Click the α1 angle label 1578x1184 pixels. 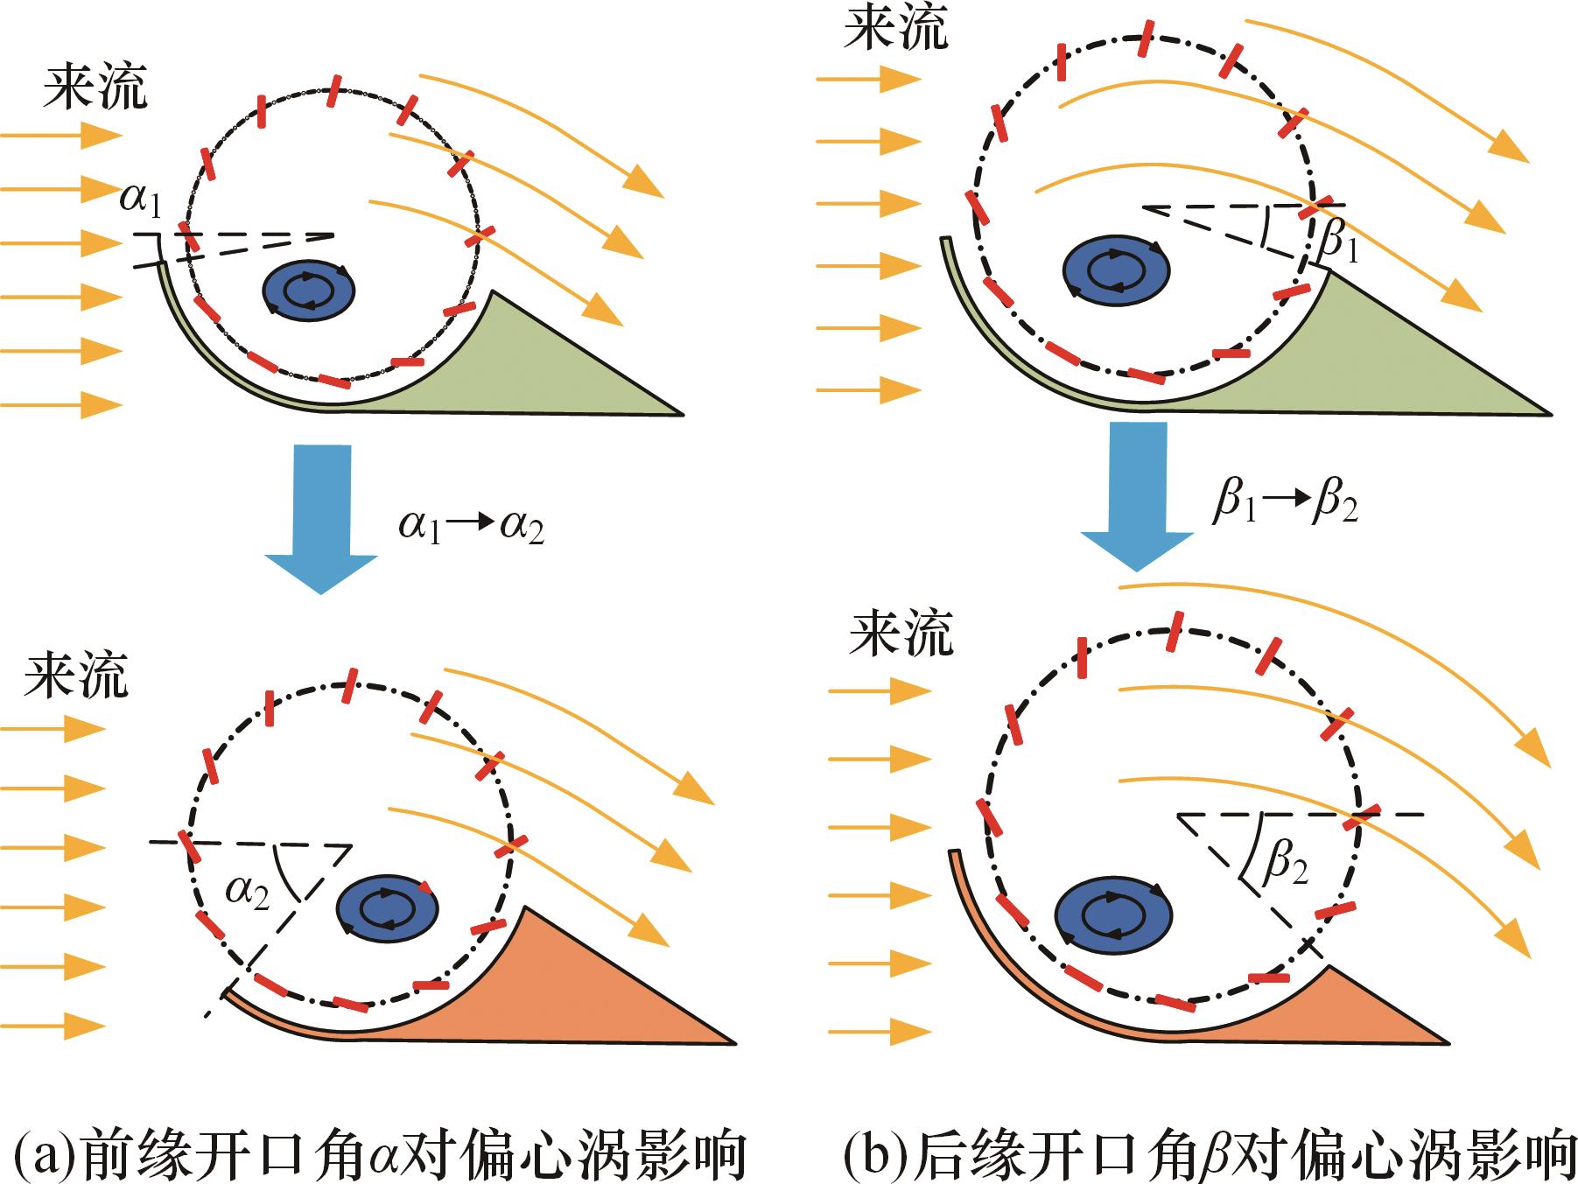click(x=141, y=202)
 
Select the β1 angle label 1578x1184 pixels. click(x=1339, y=246)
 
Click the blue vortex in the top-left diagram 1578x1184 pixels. click(x=309, y=290)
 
